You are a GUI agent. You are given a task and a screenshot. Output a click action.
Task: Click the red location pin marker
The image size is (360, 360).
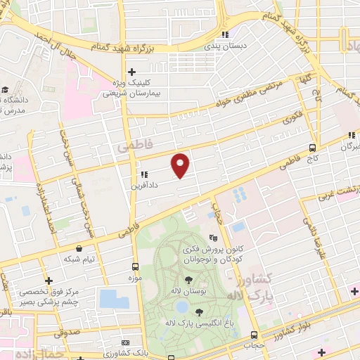pos(181,165)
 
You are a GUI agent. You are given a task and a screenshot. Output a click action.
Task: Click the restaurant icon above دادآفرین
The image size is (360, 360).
pos(143,174)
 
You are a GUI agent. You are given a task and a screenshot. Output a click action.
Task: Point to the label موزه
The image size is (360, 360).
pos(135,278)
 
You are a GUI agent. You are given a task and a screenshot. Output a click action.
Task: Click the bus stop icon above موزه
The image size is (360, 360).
pos(135,266)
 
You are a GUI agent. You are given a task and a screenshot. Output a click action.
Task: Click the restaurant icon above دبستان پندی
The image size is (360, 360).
pos(224,34)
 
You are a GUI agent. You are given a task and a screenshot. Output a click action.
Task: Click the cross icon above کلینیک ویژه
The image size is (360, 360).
pos(131,72)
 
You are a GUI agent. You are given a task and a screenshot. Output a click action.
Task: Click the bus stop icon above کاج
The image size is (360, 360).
pos(311,148)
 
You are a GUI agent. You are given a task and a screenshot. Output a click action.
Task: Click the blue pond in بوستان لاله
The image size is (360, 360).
pos(182,307)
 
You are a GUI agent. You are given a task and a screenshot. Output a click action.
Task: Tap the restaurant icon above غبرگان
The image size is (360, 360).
pos(351,136)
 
